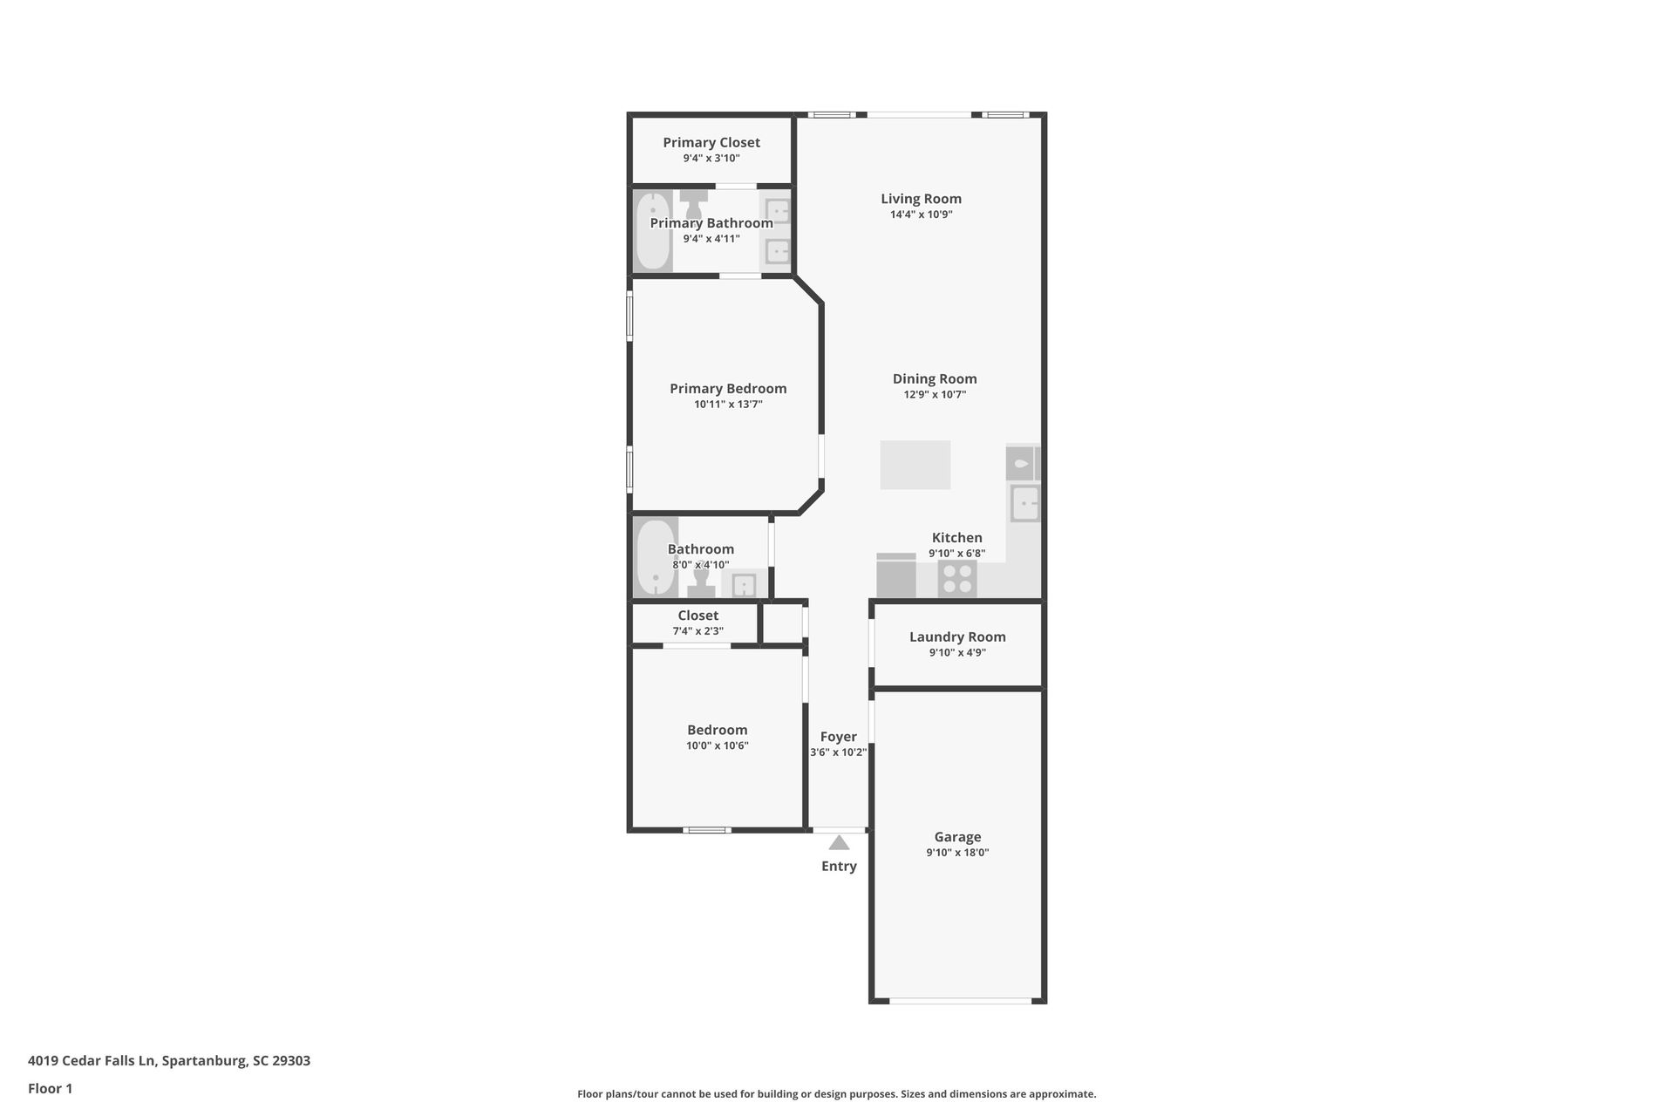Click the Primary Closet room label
pos(711,142)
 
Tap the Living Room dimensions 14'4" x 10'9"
pos(921,214)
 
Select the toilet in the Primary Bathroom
pos(694,204)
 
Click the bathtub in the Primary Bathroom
pos(652,230)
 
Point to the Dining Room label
pos(935,378)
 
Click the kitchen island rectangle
pos(915,465)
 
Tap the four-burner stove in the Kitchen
pos(957,579)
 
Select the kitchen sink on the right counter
pos(1025,503)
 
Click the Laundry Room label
pos(957,636)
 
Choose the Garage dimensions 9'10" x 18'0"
pos(957,853)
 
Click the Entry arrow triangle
pos(839,843)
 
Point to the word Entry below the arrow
pos(839,866)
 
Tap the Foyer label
pos(839,737)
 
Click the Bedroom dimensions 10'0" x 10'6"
pos(717,745)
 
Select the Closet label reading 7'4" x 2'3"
pos(697,630)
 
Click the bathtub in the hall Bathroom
pos(655,557)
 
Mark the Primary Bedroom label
pos(728,389)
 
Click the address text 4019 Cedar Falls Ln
pos(92,1061)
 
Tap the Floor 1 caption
pos(50,1088)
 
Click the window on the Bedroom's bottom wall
pos(706,830)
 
